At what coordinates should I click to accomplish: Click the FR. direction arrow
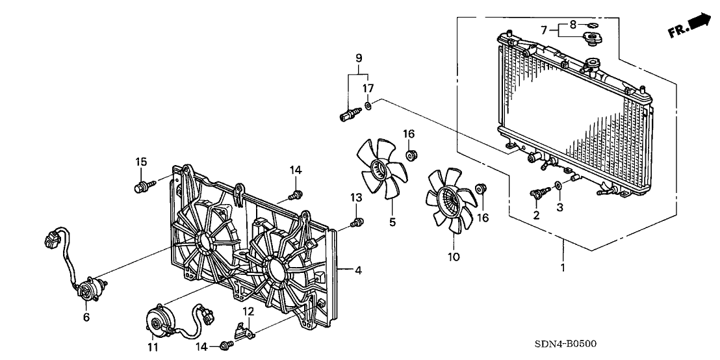[690, 25]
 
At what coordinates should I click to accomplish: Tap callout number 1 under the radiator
[563, 267]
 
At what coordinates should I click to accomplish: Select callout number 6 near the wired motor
[86, 318]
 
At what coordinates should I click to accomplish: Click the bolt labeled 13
[355, 224]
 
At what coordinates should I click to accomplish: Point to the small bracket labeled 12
[245, 332]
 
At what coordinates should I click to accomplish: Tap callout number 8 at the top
[572, 24]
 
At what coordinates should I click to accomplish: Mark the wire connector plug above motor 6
[50, 240]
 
